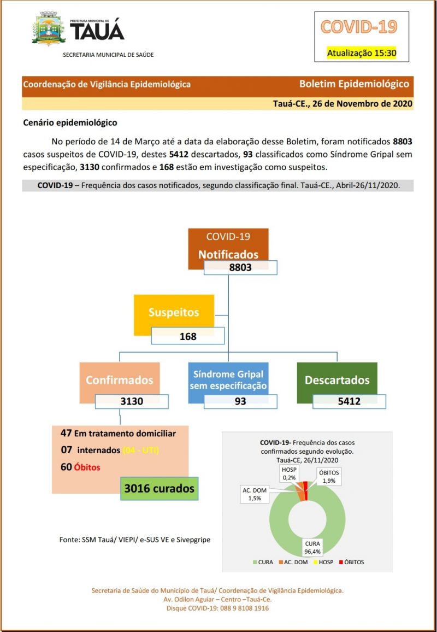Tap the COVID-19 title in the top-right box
tap(358, 26)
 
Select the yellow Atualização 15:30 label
tap(361, 53)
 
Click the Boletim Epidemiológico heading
tap(354, 84)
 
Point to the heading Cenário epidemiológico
tap(70, 122)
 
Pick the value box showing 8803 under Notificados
tap(240, 268)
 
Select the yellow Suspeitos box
tap(174, 313)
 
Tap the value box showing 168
tap(188, 336)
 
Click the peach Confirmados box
tap(119, 380)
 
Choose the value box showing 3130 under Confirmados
tap(132, 401)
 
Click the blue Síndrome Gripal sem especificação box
tap(228, 379)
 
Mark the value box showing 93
tap(240, 401)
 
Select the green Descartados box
tap(337, 380)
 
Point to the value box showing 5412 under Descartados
tap(349, 401)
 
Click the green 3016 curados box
tap(159, 488)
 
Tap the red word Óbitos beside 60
tap(87, 467)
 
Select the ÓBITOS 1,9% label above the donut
tap(329, 476)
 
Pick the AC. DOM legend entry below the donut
tap(293, 562)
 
